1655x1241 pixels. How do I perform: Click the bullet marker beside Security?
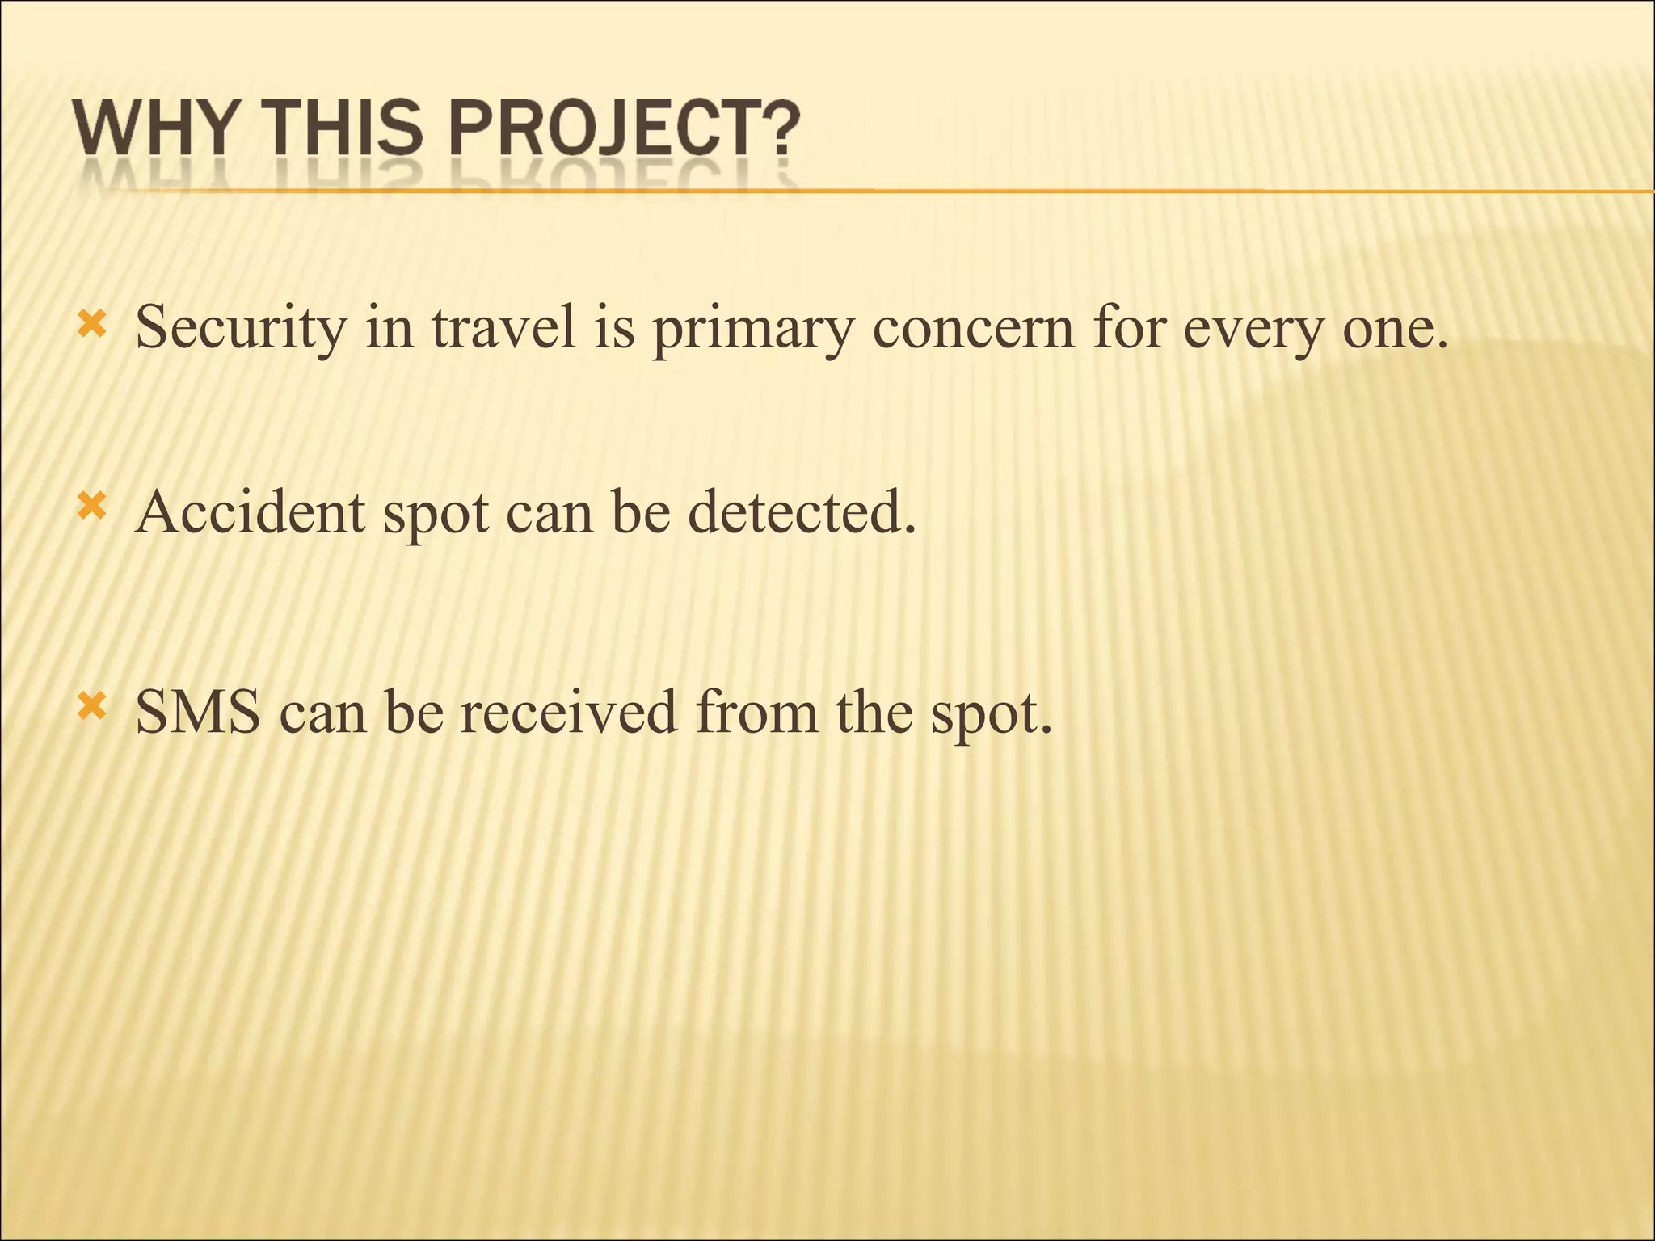(x=91, y=326)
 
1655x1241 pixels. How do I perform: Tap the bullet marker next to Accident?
(x=91, y=508)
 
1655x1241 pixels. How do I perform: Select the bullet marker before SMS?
(x=91, y=708)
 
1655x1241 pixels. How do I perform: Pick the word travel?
(x=503, y=327)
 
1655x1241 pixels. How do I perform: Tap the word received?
(x=568, y=712)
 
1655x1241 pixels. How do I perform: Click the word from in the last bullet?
(x=757, y=712)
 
